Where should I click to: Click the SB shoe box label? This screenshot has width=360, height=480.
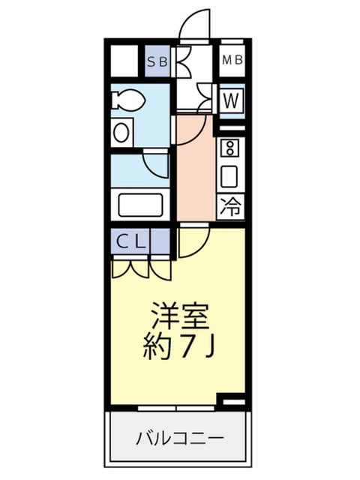(x=157, y=61)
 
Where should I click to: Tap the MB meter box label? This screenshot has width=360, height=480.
(x=232, y=60)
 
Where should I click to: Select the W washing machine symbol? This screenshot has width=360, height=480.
(x=231, y=100)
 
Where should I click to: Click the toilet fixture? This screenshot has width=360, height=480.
(x=127, y=99)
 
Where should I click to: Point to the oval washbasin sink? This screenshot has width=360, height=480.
(x=121, y=132)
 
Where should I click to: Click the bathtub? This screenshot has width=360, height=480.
(x=140, y=205)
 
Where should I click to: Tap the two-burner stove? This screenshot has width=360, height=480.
(x=230, y=148)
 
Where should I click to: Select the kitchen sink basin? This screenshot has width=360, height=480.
(x=229, y=176)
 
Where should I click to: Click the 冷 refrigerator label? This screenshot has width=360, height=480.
(x=231, y=206)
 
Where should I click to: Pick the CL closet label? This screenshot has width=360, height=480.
(x=130, y=241)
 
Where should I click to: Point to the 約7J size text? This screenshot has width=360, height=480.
(x=179, y=347)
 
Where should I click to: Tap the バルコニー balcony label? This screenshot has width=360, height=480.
(x=180, y=438)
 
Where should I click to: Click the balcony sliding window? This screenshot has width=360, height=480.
(x=176, y=408)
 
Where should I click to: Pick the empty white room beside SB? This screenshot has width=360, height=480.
(x=124, y=61)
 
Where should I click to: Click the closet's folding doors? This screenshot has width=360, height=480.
(x=142, y=268)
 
